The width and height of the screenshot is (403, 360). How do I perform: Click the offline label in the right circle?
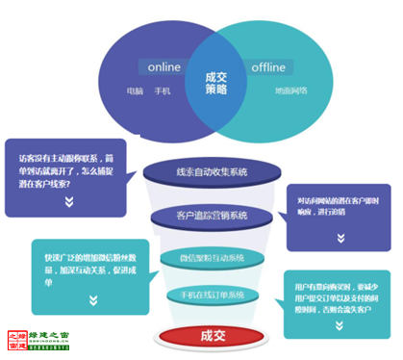(266, 67)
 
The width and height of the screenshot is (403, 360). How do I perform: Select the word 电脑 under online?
(136, 92)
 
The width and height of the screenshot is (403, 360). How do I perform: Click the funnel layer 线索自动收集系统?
(211, 172)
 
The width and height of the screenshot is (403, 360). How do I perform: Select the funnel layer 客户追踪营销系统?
(213, 215)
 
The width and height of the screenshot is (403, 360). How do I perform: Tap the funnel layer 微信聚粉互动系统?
(213, 257)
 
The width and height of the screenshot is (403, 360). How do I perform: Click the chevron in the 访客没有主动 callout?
(68, 202)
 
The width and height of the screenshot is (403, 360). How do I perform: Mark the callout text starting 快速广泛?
(91, 266)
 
